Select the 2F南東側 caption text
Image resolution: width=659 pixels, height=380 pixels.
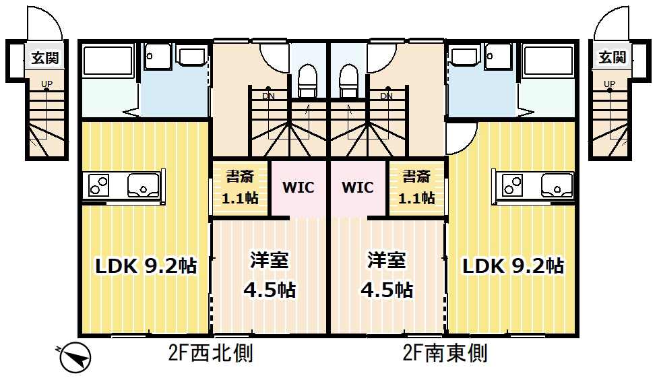click(445, 352)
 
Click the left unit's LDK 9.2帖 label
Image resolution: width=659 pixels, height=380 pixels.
click(145, 266)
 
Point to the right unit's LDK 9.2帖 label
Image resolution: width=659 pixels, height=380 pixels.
click(513, 265)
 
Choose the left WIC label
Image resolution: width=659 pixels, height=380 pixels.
click(298, 187)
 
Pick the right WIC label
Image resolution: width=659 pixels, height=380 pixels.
click(358, 187)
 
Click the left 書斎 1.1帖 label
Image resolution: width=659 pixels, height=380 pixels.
click(241, 188)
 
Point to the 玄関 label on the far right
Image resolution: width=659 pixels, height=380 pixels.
click(612, 58)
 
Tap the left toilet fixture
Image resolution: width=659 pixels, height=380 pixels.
click(307, 81)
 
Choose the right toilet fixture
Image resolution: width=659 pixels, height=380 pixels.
click(348, 81)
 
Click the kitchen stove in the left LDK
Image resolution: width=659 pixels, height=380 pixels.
click(99, 184)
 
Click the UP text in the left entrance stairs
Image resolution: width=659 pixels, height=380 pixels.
click(46, 84)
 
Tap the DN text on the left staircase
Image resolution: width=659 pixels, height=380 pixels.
click(268, 96)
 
